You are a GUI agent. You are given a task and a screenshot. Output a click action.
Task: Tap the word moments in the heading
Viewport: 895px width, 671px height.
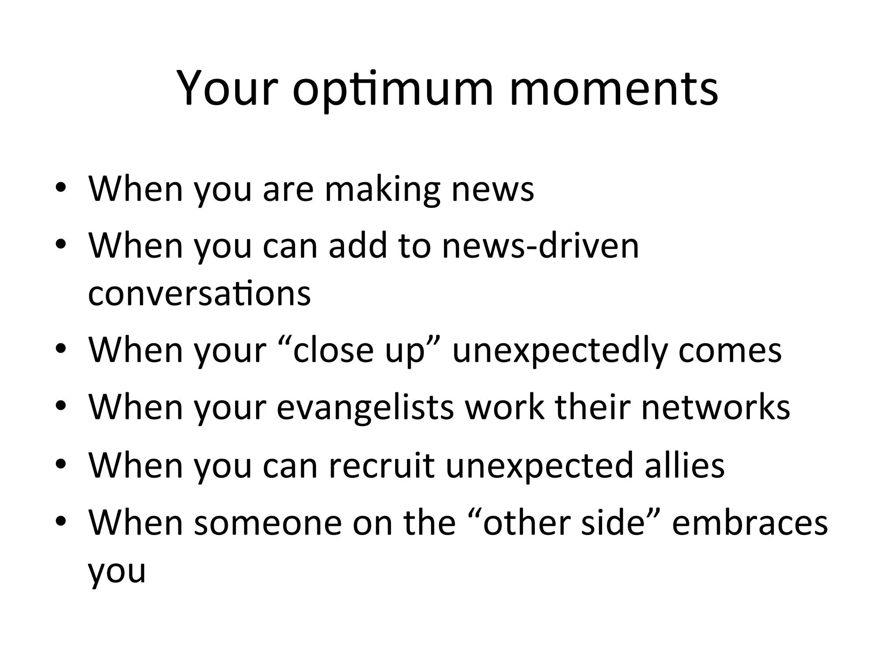tap(614, 90)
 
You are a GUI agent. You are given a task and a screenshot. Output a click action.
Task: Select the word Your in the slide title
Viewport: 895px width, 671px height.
tap(228, 90)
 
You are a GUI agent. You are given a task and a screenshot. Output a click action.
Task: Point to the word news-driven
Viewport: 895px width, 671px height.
tap(541, 246)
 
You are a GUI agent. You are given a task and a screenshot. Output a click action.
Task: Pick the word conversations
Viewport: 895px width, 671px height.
tap(199, 294)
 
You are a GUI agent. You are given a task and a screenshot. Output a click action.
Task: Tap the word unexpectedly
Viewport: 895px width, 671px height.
tap(560, 350)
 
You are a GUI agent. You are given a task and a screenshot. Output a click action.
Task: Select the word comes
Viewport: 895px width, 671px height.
tap(730, 350)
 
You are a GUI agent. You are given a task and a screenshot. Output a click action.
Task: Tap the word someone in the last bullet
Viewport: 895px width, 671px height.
tap(268, 522)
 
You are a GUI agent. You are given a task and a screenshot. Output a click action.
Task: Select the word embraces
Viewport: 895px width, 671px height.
tap(749, 522)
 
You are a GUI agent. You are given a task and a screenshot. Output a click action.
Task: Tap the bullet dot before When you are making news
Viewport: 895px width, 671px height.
tap(61, 188)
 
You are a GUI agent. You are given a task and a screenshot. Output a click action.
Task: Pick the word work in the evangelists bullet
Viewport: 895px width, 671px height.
tap(505, 407)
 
